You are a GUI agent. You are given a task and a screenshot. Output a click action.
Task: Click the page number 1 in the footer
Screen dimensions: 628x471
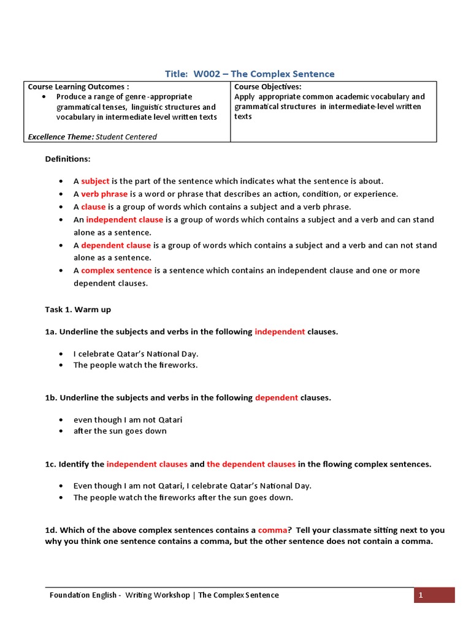(x=421, y=595)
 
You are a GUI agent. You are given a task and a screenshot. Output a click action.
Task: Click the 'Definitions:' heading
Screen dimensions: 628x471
(x=67, y=159)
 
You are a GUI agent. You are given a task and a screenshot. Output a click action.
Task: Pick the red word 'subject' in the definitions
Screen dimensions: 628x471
(x=95, y=181)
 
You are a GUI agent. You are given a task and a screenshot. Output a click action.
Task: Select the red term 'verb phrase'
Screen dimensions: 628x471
(x=104, y=194)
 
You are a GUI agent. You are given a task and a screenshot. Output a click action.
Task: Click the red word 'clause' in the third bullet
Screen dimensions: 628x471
(x=93, y=207)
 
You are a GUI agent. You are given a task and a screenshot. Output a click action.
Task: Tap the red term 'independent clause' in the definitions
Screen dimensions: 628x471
(x=124, y=220)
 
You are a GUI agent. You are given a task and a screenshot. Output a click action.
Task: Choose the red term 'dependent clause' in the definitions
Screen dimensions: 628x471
(x=116, y=245)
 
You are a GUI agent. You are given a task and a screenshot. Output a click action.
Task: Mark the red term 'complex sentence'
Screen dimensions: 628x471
(x=117, y=270)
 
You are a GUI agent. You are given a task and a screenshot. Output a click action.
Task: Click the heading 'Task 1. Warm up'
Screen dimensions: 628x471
(x=78, y=310)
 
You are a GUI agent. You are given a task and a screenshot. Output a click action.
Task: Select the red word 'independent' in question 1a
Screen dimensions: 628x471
(x=280, y=332)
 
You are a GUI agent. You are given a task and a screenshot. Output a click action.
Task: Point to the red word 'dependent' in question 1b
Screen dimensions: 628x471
(x=277, y=397)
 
